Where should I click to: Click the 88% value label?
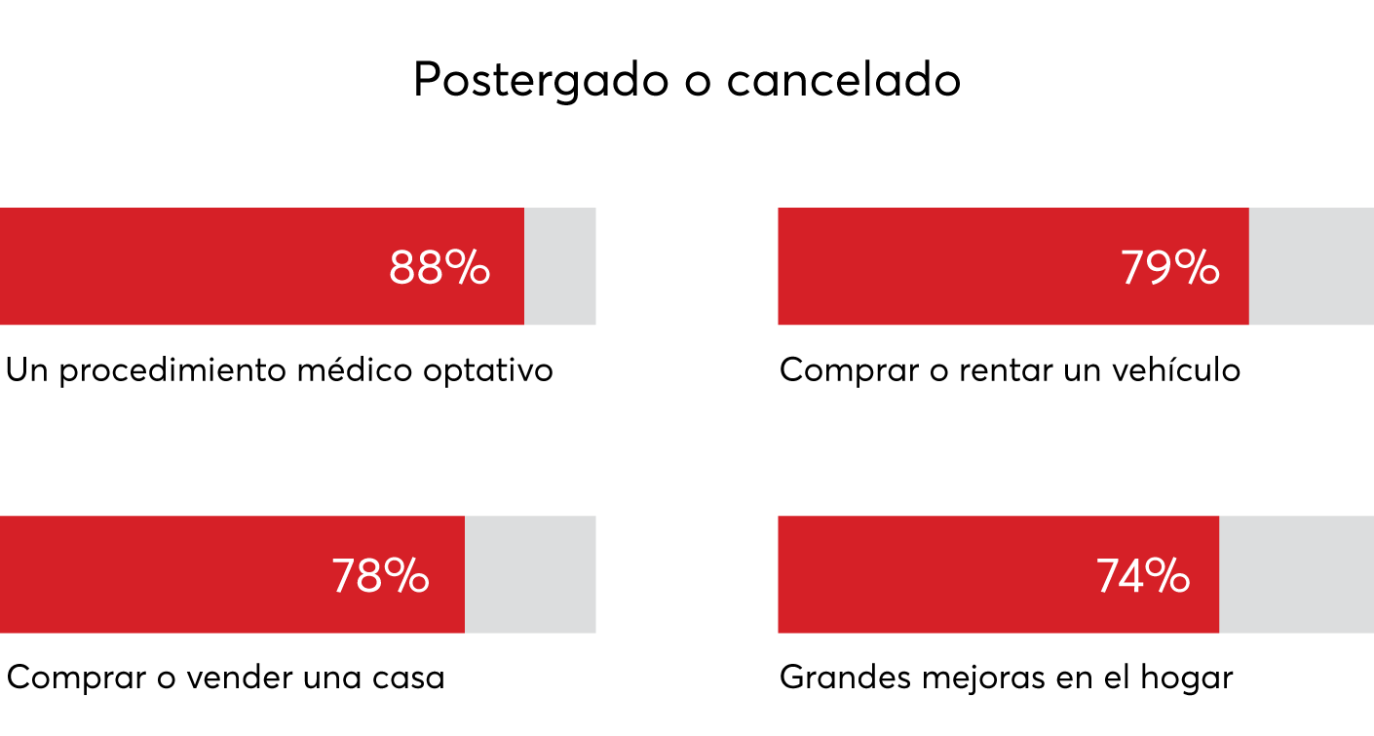click(439, 268)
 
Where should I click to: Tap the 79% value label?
click(1170, 268)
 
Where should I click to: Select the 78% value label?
click(380, 576)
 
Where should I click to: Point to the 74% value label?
click(1143, 576)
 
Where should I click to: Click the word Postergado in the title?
click(541, 80)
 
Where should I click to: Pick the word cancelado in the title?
click(844, 79)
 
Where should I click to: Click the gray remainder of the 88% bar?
click(560, 266)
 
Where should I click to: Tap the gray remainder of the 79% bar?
click(1312, 266)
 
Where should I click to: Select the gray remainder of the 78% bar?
click(530, 574)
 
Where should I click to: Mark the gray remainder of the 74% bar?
click(1297, 574)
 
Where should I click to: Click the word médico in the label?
click(355, 369)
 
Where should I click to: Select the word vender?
click(240, 678)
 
